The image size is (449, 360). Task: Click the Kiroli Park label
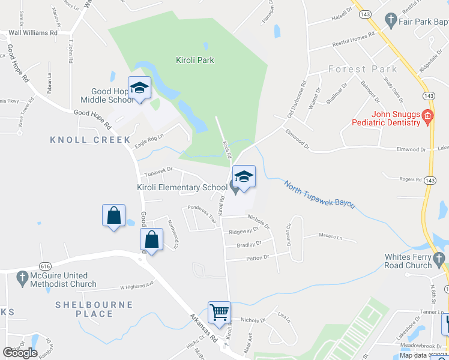click(x=194, y=60)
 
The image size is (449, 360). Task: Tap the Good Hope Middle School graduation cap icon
click(x=139, y=89)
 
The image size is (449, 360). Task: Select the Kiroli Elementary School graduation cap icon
click(x=243, y=176)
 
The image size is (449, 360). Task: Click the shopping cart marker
click(x=219, y=312)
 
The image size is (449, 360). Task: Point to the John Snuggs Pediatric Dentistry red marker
click(x=427, y=115)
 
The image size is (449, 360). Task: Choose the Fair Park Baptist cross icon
click(x=391, y=19)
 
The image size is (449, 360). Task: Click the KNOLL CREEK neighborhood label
click(x=90, y=140)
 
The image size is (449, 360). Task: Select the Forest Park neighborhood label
click(x=363, y=69)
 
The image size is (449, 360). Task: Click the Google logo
click(x=20, y=353)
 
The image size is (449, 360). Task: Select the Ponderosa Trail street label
click(x=202, y=214)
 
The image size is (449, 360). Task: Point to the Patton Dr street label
click(x=258, y=257)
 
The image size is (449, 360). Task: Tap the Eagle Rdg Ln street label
click(x=149, y=139)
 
